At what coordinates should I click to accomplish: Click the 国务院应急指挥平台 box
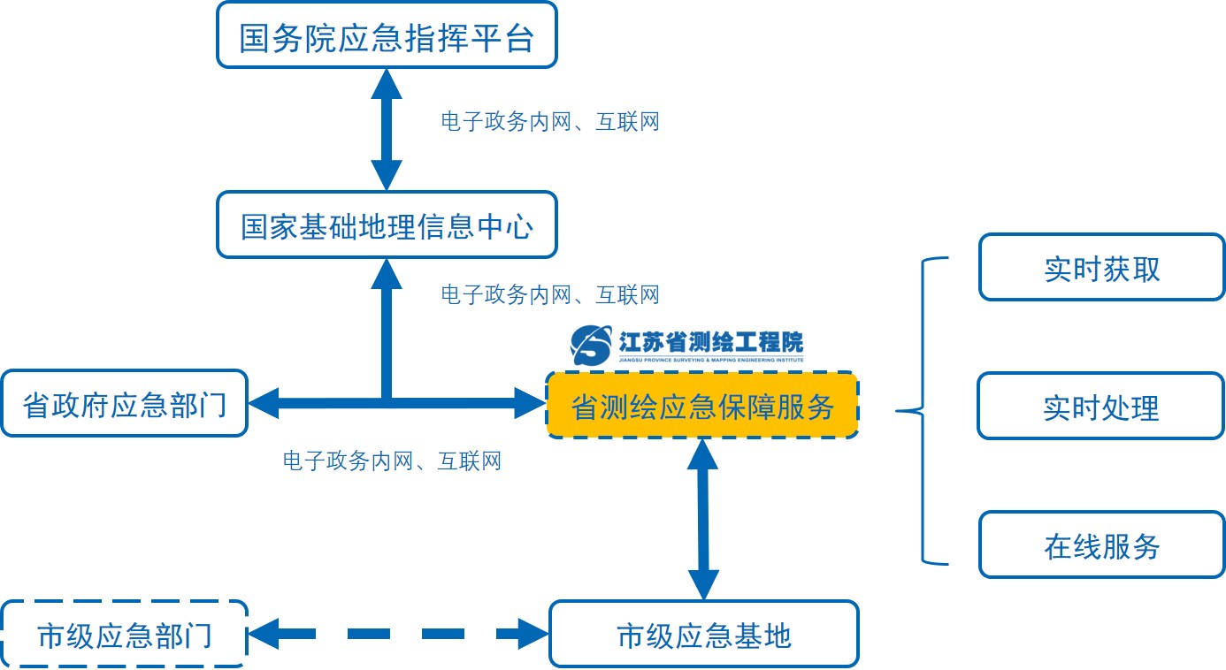[387, 35]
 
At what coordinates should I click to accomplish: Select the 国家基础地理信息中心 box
[387, 226]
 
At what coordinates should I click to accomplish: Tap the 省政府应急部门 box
[124, 404]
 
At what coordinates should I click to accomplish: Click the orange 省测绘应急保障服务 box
[702, 406]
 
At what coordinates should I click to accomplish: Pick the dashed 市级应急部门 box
[124, 634]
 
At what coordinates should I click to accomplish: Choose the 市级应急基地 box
[703, 634]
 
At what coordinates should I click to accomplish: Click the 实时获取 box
[1101, 267]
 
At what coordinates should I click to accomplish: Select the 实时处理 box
[1100, 407]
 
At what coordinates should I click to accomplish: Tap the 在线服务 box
[1101, 544]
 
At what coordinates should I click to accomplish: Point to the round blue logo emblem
[591, 345]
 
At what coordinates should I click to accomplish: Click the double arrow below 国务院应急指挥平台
[387, 129]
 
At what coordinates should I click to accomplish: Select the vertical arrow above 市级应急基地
[703, 519]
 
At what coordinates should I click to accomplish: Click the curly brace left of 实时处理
[920, 410]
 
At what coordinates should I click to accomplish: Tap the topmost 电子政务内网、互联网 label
[549, 122]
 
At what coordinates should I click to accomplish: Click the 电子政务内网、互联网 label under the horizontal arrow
[392, 461]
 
